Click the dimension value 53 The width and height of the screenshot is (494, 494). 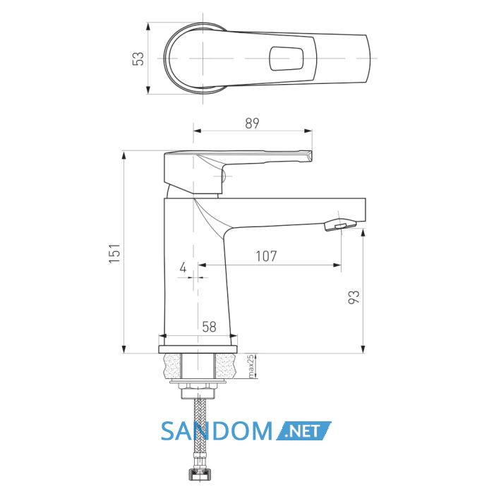click(138, 59)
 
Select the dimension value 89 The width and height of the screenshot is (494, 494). click(252, 123)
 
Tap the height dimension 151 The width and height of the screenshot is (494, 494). click(114, 253)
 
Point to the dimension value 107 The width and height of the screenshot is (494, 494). click(266, 256)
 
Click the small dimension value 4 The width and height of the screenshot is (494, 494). click(183, 267)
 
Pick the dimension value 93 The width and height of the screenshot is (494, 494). click(354, 297)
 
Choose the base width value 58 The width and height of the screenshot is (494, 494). click(209, 327)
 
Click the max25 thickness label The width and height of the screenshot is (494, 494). click(251, 366)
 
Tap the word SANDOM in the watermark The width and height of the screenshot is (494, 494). click(217, 431)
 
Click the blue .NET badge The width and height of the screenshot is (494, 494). click(303, 430)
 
